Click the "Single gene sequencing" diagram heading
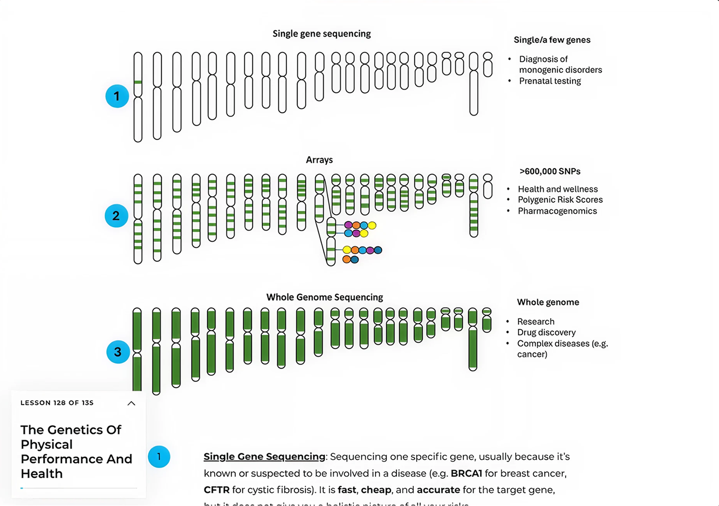[321, 33]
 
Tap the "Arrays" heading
[319, 160]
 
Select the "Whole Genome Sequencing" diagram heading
[324, 297]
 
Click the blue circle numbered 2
[116, 216]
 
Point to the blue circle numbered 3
[118, 352]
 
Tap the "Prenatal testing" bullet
[550, 81]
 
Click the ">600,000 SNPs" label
[550, 171]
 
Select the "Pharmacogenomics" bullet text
[557, 211]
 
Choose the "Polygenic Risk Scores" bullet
[560, 199]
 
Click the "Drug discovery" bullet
[546, 332]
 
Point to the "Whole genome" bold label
[548, 302]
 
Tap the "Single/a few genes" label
[552, 40]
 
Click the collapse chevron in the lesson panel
[131, 403]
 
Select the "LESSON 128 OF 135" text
[57, 403]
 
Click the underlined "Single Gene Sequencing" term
[264, 456]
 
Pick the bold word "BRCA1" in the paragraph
[466, 473]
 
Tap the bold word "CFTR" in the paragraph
[217, 489]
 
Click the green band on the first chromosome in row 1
[138, 83]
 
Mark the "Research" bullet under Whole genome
[535, 322]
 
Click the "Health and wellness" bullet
[558, 189]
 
